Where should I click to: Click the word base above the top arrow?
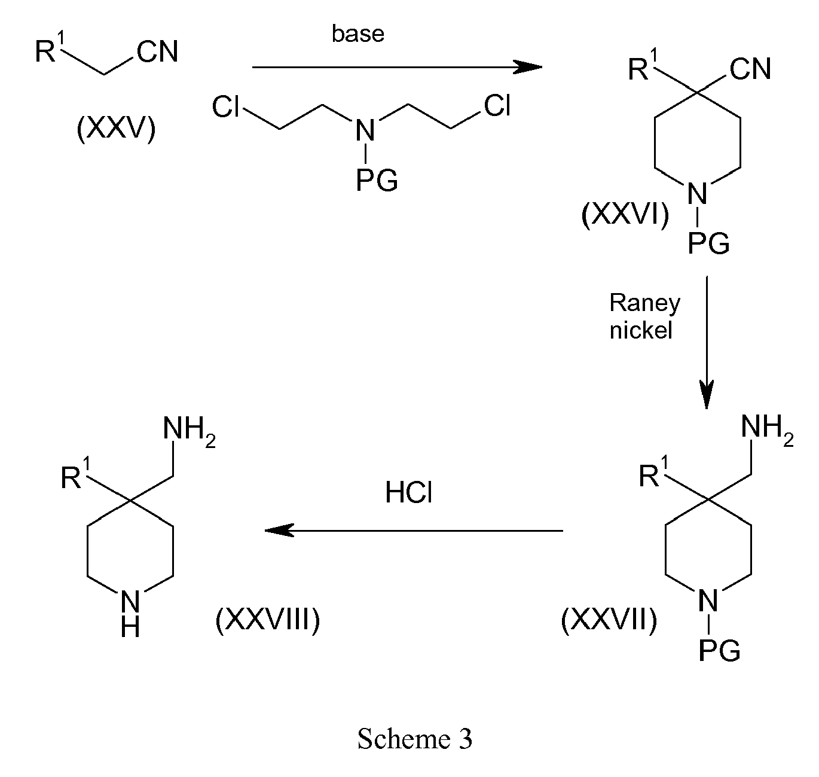(357, 33)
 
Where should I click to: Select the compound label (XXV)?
(116, 128)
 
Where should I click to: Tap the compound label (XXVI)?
(625, 215)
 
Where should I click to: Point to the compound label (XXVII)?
(609, 620)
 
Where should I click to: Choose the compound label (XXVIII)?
(268, 620)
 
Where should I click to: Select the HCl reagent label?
(409, 492)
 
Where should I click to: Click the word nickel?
(641, 331)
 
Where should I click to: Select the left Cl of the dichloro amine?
(225, 106)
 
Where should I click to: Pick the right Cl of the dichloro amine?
(497, 105)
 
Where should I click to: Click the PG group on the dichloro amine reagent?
(377, 181)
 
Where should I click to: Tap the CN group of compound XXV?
(157, 51)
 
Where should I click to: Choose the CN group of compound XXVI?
(750, 69)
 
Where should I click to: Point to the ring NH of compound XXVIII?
(130, 613)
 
